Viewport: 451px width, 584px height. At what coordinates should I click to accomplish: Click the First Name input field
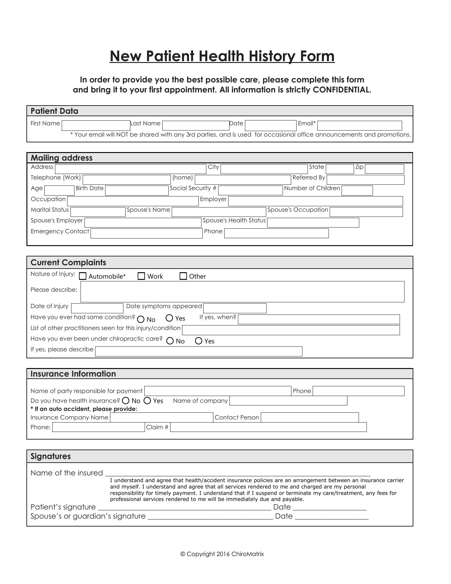(96, 125)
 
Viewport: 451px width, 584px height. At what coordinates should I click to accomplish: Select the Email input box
(360, 125)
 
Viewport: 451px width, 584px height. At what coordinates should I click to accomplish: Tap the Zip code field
(384, 169)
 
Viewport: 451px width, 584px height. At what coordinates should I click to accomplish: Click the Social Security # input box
(250, 190)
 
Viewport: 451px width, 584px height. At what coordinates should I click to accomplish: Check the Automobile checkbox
(83, 276)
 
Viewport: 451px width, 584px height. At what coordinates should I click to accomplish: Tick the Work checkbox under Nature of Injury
(141, 276)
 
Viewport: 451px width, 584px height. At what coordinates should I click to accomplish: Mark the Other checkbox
(183, 276)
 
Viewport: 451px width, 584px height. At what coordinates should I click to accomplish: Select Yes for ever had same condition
(170, 318)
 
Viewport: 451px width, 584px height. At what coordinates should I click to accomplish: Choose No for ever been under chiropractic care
(170, 341)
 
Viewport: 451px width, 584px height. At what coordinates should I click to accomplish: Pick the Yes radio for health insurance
(147, 401)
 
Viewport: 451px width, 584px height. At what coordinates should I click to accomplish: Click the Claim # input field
(268, 427)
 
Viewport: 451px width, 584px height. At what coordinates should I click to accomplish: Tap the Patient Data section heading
(54, 111)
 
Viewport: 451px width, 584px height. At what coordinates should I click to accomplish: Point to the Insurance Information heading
(73, 374)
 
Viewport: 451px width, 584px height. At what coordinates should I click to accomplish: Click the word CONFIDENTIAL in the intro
(342, 90)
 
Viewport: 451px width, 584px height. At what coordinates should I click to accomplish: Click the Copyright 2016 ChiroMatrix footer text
(222, 554)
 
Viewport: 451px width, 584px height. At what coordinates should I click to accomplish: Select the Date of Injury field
(97, 308)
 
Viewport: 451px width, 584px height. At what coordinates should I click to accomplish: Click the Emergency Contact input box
(146, 234)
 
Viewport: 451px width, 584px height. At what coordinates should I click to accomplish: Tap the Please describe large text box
(242, 292)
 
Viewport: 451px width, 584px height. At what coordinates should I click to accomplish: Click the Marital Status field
(98, 212)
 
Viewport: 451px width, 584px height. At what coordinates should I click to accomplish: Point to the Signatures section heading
(51, 456)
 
